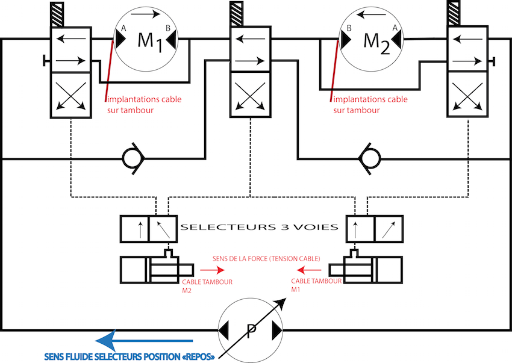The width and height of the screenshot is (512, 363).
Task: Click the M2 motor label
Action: (x=378, y=42)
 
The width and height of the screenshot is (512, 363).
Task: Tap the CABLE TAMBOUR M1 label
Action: (x=316, y=285)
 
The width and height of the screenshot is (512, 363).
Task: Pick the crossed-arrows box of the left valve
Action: (x=71, y=95)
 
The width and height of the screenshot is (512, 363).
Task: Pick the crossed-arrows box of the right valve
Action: (x=469, y=95)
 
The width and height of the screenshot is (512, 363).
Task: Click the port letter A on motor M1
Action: (x=123, y=28)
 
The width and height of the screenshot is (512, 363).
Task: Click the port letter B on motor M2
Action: (x=349, y=28)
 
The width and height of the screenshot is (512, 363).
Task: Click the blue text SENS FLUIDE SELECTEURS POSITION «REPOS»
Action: (x=130, y=356)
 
